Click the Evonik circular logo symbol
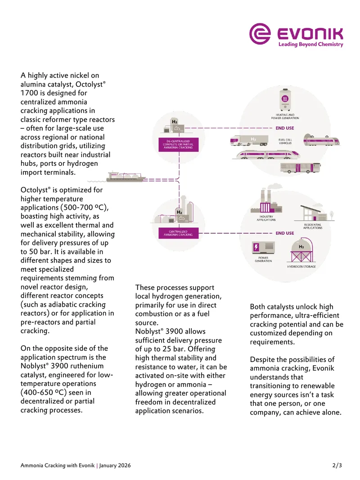coord(260,34)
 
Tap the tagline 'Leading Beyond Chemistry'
coord(311,45)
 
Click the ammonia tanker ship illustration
coord(126,177)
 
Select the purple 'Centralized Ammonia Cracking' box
coord(178,233)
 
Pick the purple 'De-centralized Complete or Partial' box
coord(178,145)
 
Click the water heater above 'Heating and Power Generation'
coord(285,100)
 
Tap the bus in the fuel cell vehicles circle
coord(300,168)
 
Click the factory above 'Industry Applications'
coord(266,201)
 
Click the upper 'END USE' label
coord(285,128)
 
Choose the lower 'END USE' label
coord(285,233)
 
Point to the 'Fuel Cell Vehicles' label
coord(285,141)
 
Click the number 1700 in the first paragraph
coord(29,93)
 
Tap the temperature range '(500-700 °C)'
coord(85,208)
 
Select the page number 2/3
coord(337,465)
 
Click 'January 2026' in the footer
coord(115,465)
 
